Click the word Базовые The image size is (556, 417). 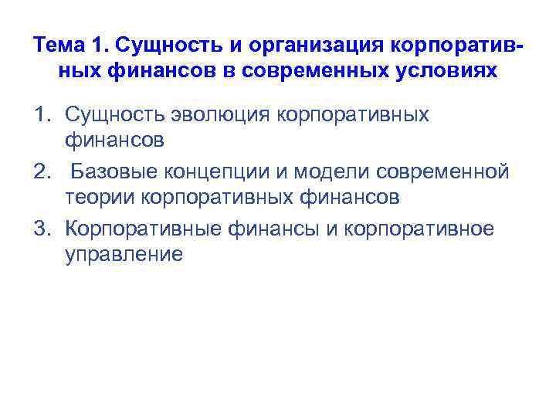(x=116, y=171)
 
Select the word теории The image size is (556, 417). (x=100, y=198)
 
